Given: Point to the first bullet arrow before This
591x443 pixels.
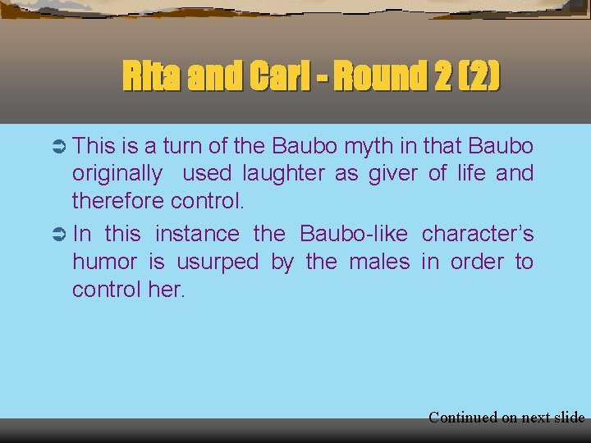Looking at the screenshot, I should (x=57, y=146).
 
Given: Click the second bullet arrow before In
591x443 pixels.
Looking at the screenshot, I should (x=57, y=234).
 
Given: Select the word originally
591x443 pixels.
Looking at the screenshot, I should (x=117, y=174).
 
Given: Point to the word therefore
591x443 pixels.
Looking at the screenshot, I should (x=118, y=200).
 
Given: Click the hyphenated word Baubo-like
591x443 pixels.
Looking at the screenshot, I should (x=354, y=233).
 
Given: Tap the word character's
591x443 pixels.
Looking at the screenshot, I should (x=478, y=233).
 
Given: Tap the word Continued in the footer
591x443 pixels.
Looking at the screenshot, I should (x=463, y=418).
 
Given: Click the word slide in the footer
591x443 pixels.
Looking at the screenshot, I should (x=568, y=418).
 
